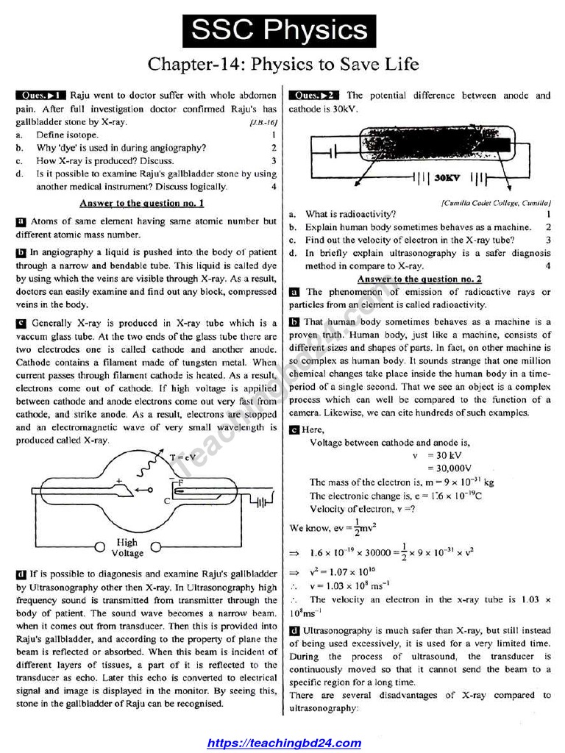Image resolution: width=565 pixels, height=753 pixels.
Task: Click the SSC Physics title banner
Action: click(280, 30)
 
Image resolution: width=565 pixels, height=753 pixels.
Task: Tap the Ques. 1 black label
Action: click(41, 96)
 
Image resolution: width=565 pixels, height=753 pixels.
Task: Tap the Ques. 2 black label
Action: click(314, 96)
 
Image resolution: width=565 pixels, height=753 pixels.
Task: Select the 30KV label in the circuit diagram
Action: click(446, 178)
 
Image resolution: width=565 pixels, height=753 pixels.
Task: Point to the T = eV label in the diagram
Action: click(182, 457)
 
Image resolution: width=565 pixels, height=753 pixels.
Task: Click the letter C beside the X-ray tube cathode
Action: click(167, 501)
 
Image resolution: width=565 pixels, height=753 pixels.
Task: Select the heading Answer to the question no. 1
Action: click(142, 203)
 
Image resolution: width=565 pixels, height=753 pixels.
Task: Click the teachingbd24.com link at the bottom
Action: click(284, 743)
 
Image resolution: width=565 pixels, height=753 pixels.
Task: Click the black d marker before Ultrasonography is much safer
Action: click(294, 631)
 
